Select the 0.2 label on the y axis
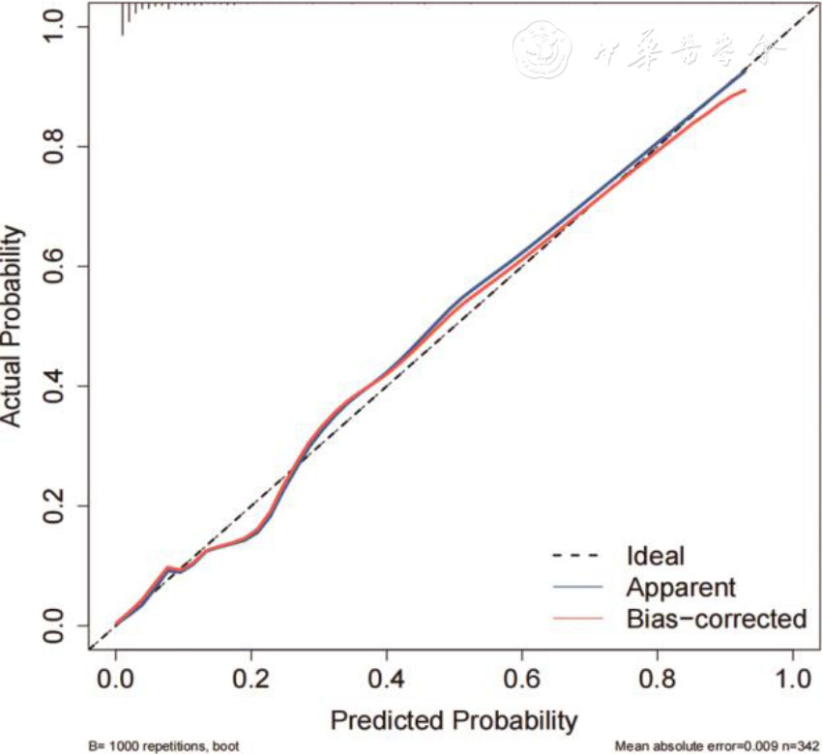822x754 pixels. pyautogui.click(x=58, y=506)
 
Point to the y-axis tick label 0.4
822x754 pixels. pyautogui.click(x=58, y=386)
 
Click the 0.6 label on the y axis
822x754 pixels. pyautogui.click(x=58, y=266)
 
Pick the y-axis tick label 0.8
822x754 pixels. pyautogui.click(x=58, y=146)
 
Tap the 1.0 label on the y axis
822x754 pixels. pyautogui.click(x=58, y=27)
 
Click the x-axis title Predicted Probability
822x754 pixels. pyautogui.click(x=454, y=720)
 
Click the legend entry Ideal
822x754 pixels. pyautogui.click(x=655, y=556)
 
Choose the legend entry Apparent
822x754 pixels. pyautogui.click(x=681, y=587)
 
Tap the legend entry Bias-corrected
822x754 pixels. pyautogui.click(x=716, y=618)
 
